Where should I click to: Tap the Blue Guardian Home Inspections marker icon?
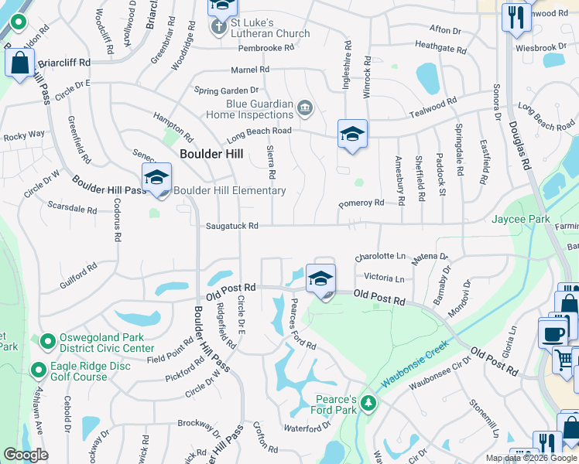(304, 107)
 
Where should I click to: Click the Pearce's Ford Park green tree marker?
(369, 403)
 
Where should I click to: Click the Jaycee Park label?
(520, 220)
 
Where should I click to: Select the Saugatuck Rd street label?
(231, 226)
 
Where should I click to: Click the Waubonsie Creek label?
(416, 360)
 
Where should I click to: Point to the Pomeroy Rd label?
(361, 203)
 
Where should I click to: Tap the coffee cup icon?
(553, 334)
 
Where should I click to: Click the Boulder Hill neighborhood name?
(211, 154)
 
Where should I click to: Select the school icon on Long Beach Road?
(352, 135)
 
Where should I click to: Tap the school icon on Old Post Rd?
(320, 279)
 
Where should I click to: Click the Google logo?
(26, 455)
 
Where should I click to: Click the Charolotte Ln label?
(380, 256)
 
